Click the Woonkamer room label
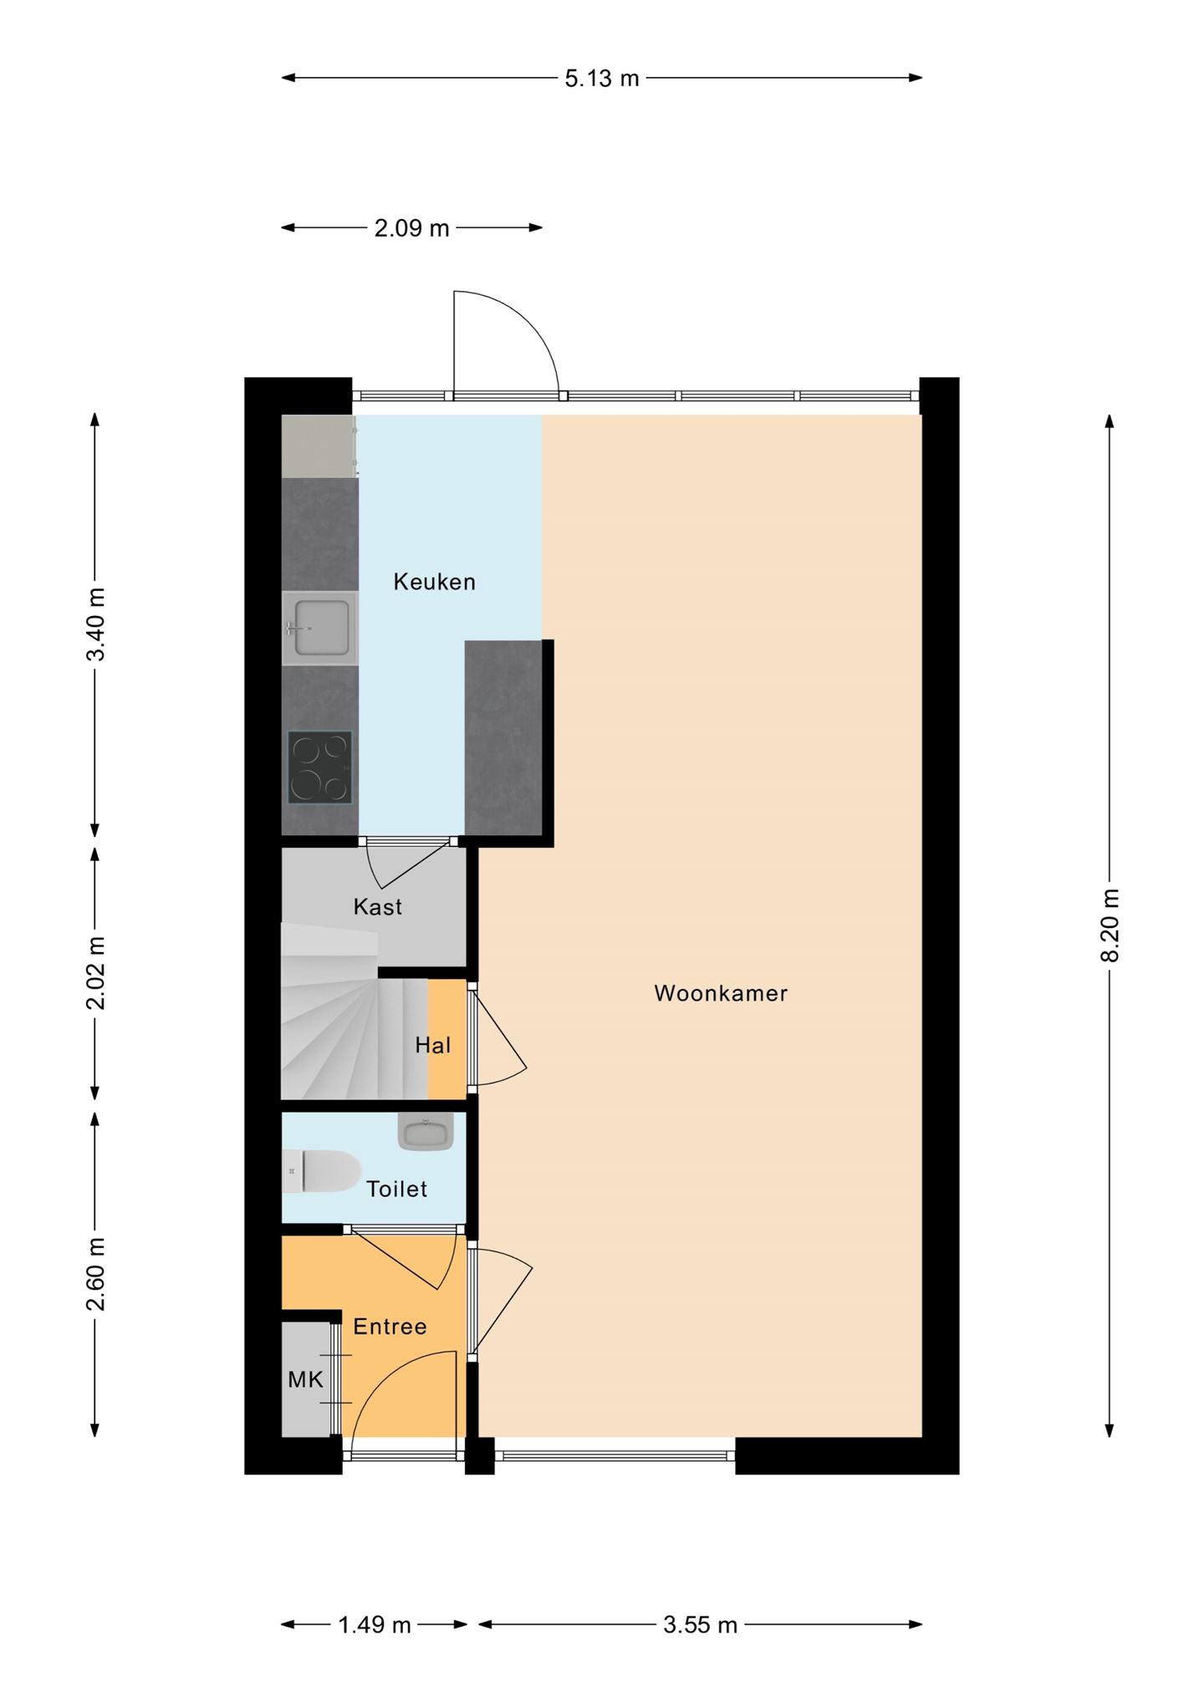click(x=721, y=993)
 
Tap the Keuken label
click(x=435, y=582)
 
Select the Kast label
click(x=378, y=907)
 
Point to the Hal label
click(x=433, y=1045)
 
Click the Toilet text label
click(x=397, y=1189)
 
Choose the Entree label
click(x=390, y=1327)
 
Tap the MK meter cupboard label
click(x=305, y=1379)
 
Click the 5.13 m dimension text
click(x=602, y=79)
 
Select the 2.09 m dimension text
click(x=411, y=228)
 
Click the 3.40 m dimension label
click(x=96, y=624)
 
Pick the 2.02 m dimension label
click(x=96, y=973)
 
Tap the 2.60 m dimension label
click(x=96, y=1275)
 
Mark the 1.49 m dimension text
click(x=375, y=1625)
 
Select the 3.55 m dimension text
click(x=701, y=1625)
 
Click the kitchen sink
click(x=320, y=629)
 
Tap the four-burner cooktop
click(x=319, y=767)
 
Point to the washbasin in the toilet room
click(x=426, y=1132)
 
